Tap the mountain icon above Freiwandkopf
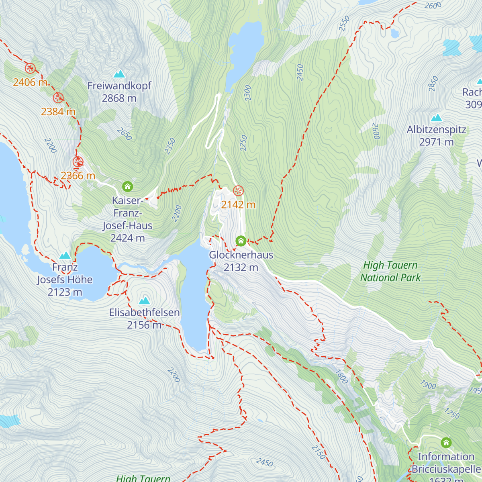coord(119,74)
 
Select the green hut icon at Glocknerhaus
coord(241,241)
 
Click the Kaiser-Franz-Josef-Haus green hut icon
coord(128,186)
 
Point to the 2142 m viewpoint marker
coord(239,190)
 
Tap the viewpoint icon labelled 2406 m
coord(30,68)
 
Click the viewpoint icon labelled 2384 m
coord(59,98)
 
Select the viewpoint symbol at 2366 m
coord(78,162)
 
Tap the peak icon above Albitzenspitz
coord(436,118)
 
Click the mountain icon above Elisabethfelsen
coord(144,300)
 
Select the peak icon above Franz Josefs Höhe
coord(65,255)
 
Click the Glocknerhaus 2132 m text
coord(241,261)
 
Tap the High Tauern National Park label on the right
coord(390,271)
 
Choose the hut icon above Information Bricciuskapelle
coord(446,443)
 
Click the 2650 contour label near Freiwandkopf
coord(124,134)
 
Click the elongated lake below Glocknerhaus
coord(195,297)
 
